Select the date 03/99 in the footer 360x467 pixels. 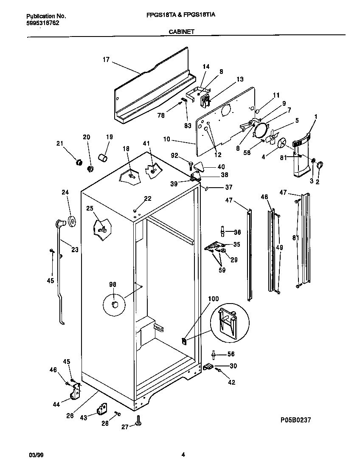[36, 455]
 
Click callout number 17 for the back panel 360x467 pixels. [106, 60]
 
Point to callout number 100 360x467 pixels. [213, 299]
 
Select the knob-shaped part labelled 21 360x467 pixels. [78, 162]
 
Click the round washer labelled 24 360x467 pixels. [72, 221]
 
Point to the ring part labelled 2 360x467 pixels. [320, 164]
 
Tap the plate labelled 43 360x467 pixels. [101, 409]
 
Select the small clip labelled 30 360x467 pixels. [208, 366]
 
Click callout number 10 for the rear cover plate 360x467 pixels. [167, 139]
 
